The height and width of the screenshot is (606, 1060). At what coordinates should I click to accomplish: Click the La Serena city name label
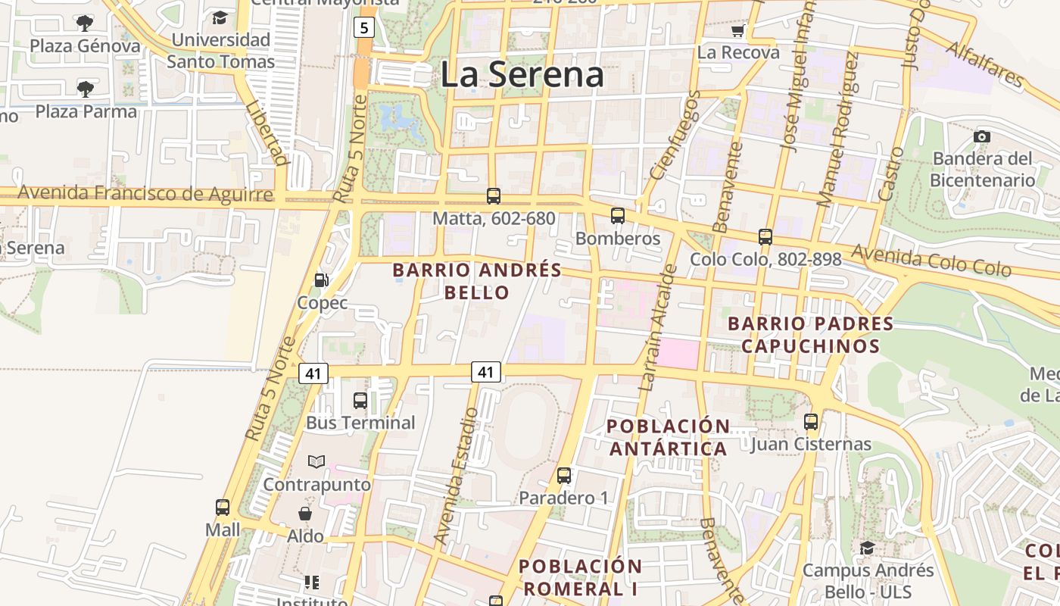(x=522, y=74)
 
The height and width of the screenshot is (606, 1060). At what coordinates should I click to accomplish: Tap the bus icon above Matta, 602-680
(x=494, y=196)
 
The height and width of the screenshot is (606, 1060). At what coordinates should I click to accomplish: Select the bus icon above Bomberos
(x=618, y=216)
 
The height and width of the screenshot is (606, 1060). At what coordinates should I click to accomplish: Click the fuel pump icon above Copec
(x=322, y=280)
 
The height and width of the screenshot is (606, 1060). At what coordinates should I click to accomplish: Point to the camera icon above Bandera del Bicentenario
(x=982, y=137)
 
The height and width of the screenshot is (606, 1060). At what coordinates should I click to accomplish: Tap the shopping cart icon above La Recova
(x=737, y=31)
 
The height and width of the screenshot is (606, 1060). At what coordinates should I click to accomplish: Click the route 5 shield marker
(x=364, y=28)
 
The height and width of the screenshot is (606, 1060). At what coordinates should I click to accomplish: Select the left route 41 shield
(x=313, y=373)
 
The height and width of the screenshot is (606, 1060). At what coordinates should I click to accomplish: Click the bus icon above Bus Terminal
(x=360, y=400)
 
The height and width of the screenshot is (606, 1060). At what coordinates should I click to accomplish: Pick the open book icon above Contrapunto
(x=316, y=461)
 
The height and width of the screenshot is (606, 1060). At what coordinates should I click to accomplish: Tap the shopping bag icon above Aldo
(x=305, y=514)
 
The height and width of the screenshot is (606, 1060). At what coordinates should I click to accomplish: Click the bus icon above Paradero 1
(x=564, y=476)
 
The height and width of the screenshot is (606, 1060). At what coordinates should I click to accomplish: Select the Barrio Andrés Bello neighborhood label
(x=477, y=281)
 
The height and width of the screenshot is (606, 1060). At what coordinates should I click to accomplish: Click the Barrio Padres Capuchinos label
(x=810, y=335)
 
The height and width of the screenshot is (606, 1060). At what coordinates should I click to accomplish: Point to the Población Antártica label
(x=669, y=437)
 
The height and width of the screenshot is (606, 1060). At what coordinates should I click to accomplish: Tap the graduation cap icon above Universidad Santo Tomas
(x=220, y=17)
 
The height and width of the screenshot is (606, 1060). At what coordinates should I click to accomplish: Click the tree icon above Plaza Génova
(x=86, y=23)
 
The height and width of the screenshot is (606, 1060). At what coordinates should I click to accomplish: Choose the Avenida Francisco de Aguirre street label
(x=145, y=194)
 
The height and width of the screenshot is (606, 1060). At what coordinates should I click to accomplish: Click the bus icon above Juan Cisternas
(x=811, y=422)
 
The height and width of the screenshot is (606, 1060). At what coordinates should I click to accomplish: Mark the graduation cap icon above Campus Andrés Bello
(x=868, y=548)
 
